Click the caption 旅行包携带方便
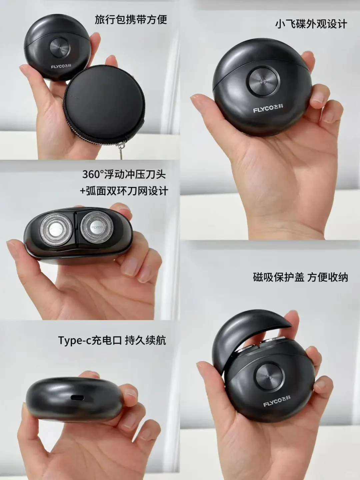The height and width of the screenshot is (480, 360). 131,19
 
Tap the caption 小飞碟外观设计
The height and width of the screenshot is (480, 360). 311,24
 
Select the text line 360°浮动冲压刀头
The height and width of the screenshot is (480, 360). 124,174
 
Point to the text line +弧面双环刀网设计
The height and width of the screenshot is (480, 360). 124,191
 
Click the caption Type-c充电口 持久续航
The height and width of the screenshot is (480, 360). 112,340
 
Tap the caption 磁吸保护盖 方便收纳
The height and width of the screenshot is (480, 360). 300,277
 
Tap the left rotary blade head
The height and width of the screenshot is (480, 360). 56,229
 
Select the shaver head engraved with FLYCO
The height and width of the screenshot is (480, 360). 97,227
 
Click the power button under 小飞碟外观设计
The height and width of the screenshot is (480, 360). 263,81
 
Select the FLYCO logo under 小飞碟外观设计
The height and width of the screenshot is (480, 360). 268,108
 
